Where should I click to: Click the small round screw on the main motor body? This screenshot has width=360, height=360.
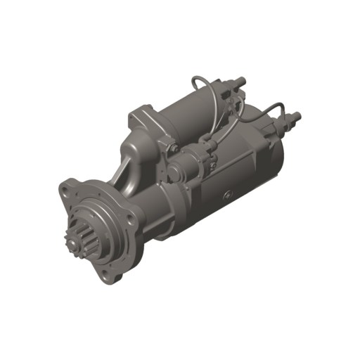pyautogui.click(x=227, y=194)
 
